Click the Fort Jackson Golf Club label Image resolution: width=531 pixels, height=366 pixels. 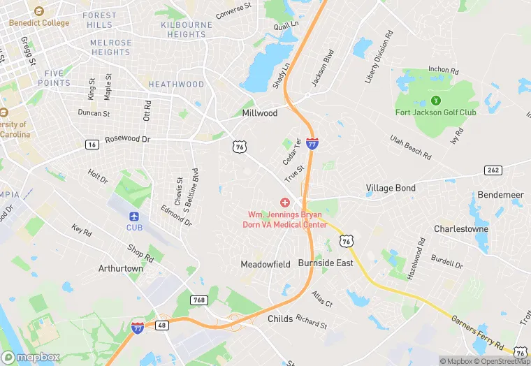coord(436,112)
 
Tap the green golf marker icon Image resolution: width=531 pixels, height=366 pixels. coord(436,100)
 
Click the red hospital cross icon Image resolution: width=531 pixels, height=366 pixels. coord(285,202)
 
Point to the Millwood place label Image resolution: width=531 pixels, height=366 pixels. coord(260,112)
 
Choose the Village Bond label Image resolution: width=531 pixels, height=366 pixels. coord(391,188)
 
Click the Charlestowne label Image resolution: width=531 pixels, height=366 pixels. coord(461,228)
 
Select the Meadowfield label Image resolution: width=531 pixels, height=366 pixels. coord(265,265)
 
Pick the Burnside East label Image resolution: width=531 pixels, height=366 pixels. coord(326,263)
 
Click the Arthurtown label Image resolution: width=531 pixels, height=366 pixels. coord(121,268)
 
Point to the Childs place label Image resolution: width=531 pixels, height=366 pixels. coord(279,319)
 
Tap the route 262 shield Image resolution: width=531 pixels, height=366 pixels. coord(493,170)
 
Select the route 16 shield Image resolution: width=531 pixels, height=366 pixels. coord(92,145)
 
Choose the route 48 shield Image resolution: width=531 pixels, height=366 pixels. coord(163,325)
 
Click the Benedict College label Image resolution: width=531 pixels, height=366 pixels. coord(40,22)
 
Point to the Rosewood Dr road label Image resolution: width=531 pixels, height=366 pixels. coord(127,139)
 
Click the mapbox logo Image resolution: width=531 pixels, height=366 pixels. coord(31,357)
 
